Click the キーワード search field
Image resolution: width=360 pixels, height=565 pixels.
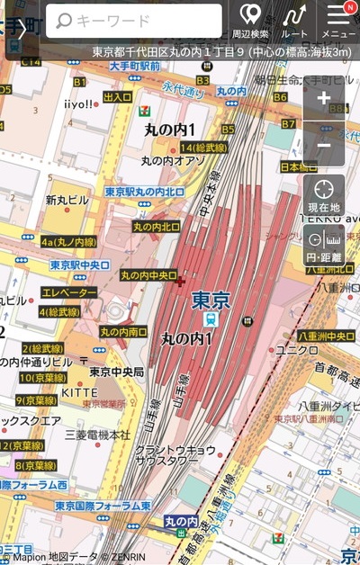pyautogui.click(x=134, y=21)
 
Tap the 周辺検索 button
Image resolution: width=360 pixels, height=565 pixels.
pyautogui.click(x=250, y=21)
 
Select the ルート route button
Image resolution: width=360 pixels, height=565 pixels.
pyautogui.click(x=294, y=21)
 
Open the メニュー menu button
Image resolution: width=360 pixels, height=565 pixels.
pyautogui.click(x=338, y=21)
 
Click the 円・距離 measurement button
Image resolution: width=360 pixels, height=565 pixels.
pyautogui.click(x=324, y=246)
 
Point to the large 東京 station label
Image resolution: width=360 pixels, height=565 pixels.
pyautogui.click(x=211, y=300)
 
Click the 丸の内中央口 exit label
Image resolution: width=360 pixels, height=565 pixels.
pyautogui.click(x=148, y=275)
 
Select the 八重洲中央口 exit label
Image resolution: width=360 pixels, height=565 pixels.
pyautogui.click(x=326, y=336)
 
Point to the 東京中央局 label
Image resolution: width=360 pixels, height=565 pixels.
pyautogui.click(x=116, y=371)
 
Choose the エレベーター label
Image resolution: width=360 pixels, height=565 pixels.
pyautogui.click(x=69, y=293)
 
